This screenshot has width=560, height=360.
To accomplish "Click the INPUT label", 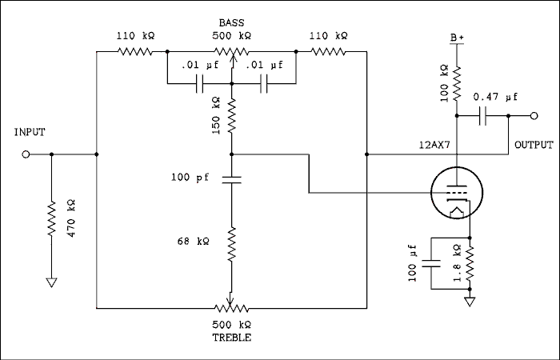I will pyautogui.click(x=30, y=133).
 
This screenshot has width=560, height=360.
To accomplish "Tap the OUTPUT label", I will pyautogui.click(x=534, y=146).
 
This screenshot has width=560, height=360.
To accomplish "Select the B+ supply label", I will pyautogui.click(x=456, y=38).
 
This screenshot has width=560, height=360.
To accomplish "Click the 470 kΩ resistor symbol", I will pyautogui.click(x=50, y=218).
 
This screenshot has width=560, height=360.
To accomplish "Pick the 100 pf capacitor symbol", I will pyautogui.click(x=230, y=178).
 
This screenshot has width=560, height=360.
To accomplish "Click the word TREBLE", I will pyautogui.click(x=231, y=338).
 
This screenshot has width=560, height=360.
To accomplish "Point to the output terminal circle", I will pyautogui.click(x=534, y=116).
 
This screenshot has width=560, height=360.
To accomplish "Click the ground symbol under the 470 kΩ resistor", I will pyautogui.click(x=50, y=282).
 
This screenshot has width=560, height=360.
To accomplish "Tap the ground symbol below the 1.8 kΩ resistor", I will pyautogui.click(x=470, y=302).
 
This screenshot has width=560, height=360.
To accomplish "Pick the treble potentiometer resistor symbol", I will pyautogui.click(x=230, y=307).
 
